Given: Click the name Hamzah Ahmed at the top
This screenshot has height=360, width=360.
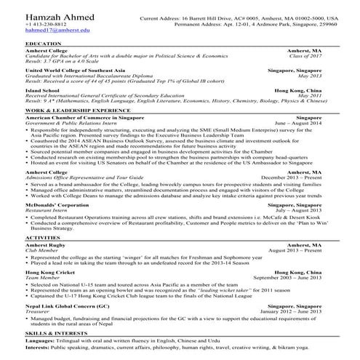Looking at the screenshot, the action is coord(52,16).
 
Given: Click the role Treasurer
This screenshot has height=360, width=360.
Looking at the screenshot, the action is coord(39,313).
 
